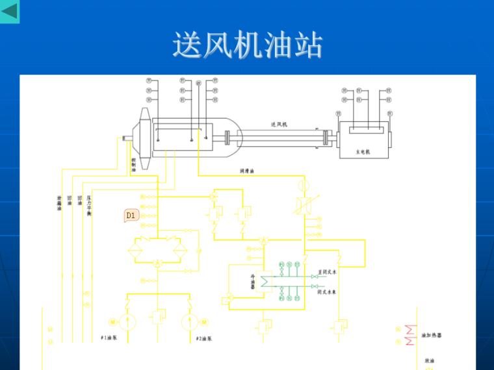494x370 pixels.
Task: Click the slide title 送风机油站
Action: (247, 45)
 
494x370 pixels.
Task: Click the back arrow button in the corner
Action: (10, 11)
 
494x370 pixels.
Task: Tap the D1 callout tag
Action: (131, 215)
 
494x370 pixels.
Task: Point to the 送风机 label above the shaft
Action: (279, 124)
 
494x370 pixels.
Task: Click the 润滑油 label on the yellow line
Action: (247, 171)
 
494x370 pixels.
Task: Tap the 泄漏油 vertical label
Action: (59, 203)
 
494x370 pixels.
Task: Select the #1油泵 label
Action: (108, 338)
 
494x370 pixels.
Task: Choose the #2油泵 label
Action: (204, 338)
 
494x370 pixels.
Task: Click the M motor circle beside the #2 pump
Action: (203, 321)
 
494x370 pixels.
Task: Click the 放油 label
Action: (429, 360)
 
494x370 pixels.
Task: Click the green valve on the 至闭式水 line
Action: (315, 277)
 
